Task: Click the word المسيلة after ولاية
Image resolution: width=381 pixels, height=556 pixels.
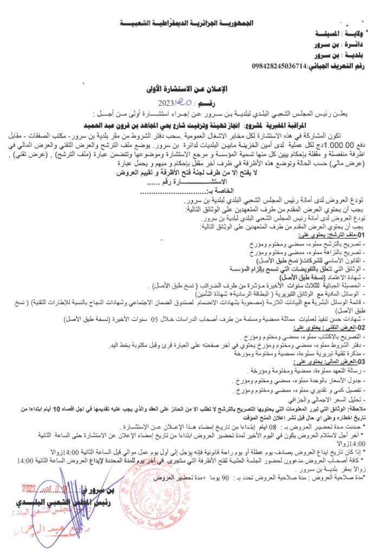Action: click(320, 34)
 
